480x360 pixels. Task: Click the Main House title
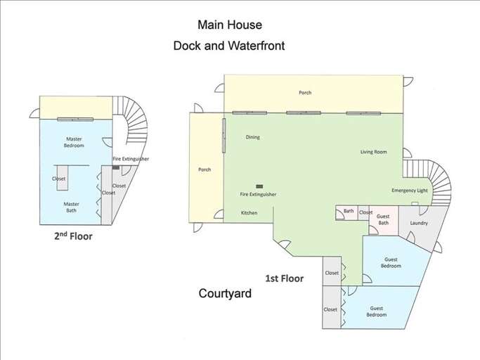[x=229, y=25]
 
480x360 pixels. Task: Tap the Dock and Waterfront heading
[x=229, y=46]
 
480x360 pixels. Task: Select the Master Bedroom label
[x=74, y=142]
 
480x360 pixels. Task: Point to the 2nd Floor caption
[x=73, y=236]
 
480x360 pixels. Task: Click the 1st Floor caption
[x=284, y=278]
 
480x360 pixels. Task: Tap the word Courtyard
[x=226, y=294]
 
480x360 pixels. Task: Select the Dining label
[x=253, y=137]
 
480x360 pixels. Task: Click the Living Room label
[x=374, y=152]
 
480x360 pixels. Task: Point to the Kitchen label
[x=249, y=212]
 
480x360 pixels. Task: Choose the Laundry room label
[x=419, y=223]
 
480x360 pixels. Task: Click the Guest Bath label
[x=383, y=219]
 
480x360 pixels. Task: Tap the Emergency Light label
[x=410, y=191]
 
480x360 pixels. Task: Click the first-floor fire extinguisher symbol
[x=259, y=186]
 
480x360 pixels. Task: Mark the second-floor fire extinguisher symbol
[x=116, y=167]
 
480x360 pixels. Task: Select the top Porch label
[x=305, y=93]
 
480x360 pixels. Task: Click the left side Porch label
[x=205, y=169]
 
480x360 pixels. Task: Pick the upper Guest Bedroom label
[x=391, y=262]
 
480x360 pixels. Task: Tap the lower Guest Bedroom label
[x=377, y=311]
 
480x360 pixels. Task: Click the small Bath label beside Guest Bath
[x=349, y=212]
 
